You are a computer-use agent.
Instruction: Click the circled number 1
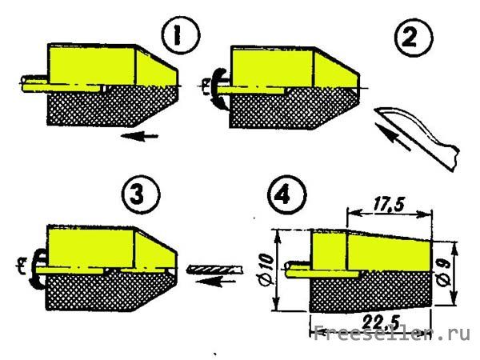[181, 35]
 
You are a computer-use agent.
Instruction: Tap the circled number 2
[414, 38]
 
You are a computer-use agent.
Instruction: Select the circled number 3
[141, 194]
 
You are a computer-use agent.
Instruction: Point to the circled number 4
[287, 194]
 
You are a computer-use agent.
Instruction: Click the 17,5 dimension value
[389, 204]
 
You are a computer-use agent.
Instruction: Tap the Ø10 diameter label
[266, 270]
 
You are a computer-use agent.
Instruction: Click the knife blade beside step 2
[416, 138]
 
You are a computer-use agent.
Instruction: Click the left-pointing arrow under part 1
[139, 136]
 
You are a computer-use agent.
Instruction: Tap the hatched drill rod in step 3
[214, 270]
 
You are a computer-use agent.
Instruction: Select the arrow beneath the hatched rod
[216, 281]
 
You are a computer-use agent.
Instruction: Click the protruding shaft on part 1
[34, 83]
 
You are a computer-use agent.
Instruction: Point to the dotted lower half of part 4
[370, 291]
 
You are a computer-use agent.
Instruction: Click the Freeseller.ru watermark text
[392, 333]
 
